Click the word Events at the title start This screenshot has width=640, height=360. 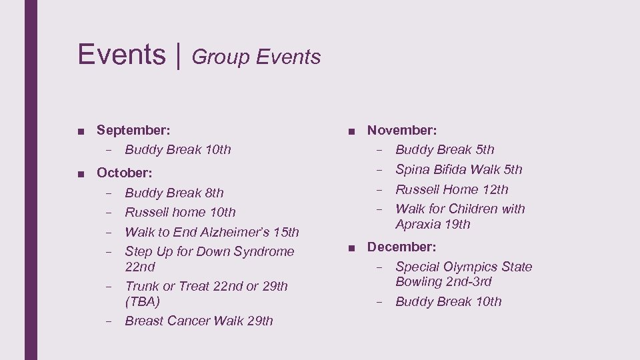point(121,54)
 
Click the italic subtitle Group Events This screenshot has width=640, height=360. point(256,57)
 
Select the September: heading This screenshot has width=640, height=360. point(133,130)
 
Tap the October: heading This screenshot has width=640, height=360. point(125,173)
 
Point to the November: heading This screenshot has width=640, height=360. point(402,130)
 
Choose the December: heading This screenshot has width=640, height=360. point(402,247)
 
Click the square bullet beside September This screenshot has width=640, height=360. point(80,131)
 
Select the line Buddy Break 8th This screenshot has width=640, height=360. point(174,193)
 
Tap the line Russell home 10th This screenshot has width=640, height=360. point(180,213)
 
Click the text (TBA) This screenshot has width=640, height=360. point(143,301)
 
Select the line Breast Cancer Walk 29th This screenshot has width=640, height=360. point(199,321)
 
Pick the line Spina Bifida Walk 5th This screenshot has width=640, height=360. point(459,169)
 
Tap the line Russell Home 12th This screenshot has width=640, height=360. point(452,189)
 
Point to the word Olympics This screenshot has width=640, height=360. point(465,267)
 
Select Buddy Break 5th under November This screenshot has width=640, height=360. point(445,150)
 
